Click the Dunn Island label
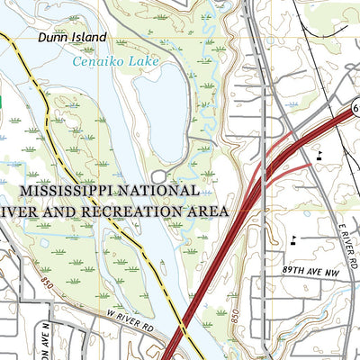(x=72, y=38)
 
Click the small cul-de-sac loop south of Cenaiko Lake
(x=159, y=176)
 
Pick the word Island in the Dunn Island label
(x=90, y=38)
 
